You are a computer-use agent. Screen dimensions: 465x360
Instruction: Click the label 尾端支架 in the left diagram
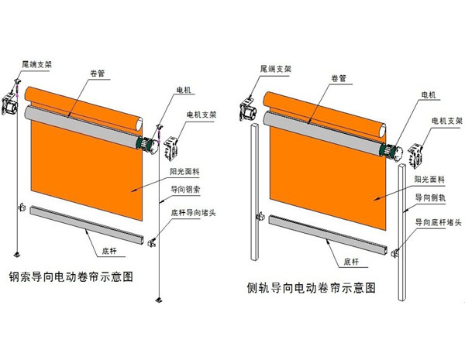(x=36, y=64)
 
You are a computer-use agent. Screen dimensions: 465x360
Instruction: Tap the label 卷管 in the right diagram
(x=339, y=78)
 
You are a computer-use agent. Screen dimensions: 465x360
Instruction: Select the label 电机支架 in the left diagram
(x=201, y=115)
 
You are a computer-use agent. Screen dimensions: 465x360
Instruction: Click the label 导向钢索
(x=185, y=190)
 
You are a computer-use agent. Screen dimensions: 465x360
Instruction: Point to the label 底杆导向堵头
(x=193, y=212)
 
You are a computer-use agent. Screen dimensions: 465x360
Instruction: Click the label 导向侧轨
(x=430, y=197)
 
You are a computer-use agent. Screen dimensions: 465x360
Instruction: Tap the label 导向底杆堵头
(x=438, y=222)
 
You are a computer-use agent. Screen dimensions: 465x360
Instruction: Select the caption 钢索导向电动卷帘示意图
(x=71, y=276)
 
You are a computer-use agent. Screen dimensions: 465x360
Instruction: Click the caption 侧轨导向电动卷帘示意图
(x=312, y=288)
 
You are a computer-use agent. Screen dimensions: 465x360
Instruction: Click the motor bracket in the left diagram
(x=171, y=148)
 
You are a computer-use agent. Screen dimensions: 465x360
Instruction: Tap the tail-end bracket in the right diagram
(x=248, y=108)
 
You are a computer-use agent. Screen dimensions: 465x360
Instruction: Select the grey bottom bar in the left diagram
(x=87, y=225)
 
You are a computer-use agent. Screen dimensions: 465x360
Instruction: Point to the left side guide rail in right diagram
(x=255, y=192)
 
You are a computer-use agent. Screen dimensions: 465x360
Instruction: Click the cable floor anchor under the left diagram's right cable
(x=159, y=300)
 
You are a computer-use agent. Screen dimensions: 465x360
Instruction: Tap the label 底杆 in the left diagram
(x=109, y=252)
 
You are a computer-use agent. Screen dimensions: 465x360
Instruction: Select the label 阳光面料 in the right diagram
(x=429, y=180)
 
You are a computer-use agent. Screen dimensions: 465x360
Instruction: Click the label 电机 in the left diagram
(x=184, y=90)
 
